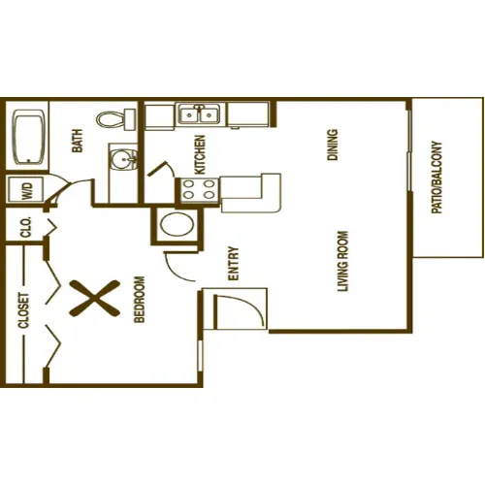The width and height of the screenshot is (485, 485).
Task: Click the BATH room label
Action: tap(78, 143)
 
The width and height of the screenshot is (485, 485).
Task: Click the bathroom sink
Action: tap(121, 157)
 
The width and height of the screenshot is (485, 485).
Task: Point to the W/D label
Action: tap(25, 190)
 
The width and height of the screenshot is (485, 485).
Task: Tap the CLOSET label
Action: tap(23, 311)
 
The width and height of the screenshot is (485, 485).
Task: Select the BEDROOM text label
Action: tap(139, 301)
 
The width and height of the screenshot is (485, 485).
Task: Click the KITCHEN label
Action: tap(201, 152)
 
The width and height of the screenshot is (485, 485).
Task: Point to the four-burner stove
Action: tap(198, 190)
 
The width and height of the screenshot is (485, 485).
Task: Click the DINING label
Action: tap(333, 145)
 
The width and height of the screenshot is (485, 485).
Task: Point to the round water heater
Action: tap(177, 228)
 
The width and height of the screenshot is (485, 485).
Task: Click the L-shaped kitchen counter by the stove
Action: tap(252, 191)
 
